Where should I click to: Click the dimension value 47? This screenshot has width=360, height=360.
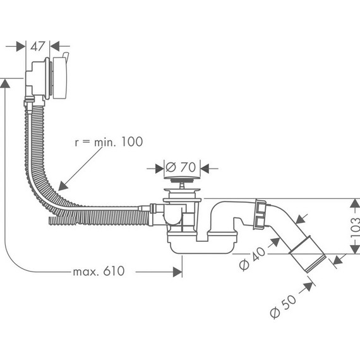click(38, 45)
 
